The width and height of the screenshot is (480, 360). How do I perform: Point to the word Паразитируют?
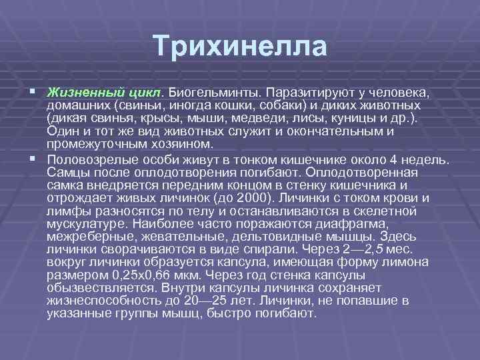tap(303, 90)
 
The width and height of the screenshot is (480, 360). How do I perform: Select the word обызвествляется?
tap(100, 288)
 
